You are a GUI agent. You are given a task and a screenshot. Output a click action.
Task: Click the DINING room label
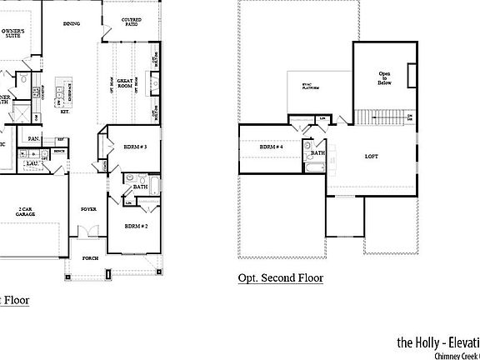pyautogui.click(x=71, y=23)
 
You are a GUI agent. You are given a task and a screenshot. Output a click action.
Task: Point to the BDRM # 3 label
pyautogui.click(x=135, y=147)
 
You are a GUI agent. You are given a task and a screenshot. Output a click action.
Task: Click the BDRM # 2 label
pyautogui.click(x=135, y=226)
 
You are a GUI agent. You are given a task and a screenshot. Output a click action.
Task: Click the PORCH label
pyautogui.click(x=90, y=258)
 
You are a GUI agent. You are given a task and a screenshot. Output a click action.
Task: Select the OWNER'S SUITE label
pyautogui.click(x=12, y=33)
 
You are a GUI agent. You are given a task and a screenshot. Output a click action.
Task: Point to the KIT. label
pyautogui.click(x=65, y=120)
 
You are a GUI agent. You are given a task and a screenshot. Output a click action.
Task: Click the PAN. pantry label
pyautogui.click(x=34, y=138)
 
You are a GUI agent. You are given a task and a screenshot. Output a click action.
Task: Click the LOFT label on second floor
pyautogui.click(x=372, y=156)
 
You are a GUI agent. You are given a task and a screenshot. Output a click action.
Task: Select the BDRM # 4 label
pyautogui.click(x=271, y=147)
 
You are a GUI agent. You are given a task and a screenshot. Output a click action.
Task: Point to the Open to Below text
pyautogui.click(x=385, y=77)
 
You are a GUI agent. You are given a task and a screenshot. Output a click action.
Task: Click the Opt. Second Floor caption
pyautogui.click(x=280, y=278)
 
